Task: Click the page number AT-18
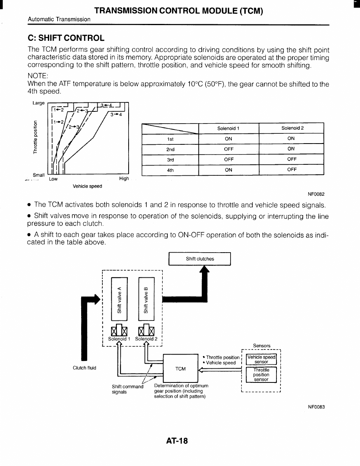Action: [x=177, y=441]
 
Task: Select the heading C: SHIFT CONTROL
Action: [x=66, y=38]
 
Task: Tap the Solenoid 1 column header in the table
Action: [x=229, y=128]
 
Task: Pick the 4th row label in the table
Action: [x=170, y=170]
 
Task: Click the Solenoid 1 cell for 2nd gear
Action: [x=229, y=149]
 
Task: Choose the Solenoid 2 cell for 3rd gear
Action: [x=291, y=159]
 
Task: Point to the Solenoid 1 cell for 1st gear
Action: [x=229, y=138]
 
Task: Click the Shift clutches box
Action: [x=200, y=259]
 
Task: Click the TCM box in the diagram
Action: [x=180, y=369]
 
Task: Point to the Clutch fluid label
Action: [x=84, y=368]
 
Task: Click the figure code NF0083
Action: [x=316, y=407]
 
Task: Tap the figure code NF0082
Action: [x=316, y=194]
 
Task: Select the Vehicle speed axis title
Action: [x=87, y=186]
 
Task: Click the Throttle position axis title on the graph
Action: [x=36, y=137]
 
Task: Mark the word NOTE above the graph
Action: [x=38, y=75]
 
